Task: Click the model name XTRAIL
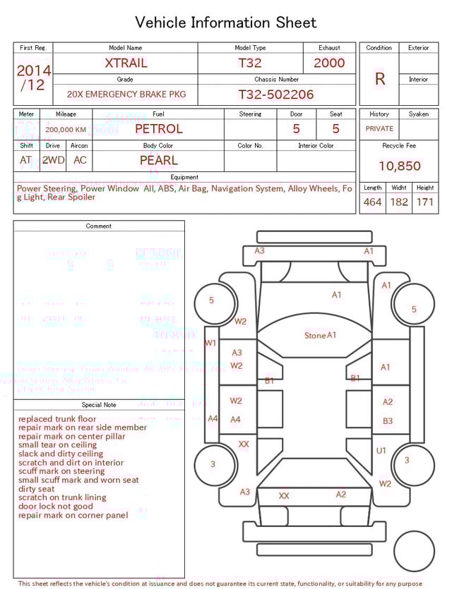tap(126, 63)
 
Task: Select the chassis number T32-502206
tap(275, 95)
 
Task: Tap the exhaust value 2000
tap(329, 63)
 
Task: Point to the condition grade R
tap(380, 79)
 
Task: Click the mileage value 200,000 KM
tap(66, 130)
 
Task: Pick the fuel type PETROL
tap(158, 129)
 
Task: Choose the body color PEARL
tap(158, 160)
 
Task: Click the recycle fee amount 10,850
tap(399, 166)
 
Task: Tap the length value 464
tap(372, 202)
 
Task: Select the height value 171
tap(424, 202)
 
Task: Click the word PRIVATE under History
tap(379, 129)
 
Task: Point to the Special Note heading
tap(99, 405)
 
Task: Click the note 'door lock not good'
tap(56, 506)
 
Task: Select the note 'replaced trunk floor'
tap(57, 419)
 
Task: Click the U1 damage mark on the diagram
tap(381, 450)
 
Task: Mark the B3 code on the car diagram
tap(388, 421)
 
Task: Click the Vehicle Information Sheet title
tap(226, 23)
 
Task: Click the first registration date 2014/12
tap(33, 78)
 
